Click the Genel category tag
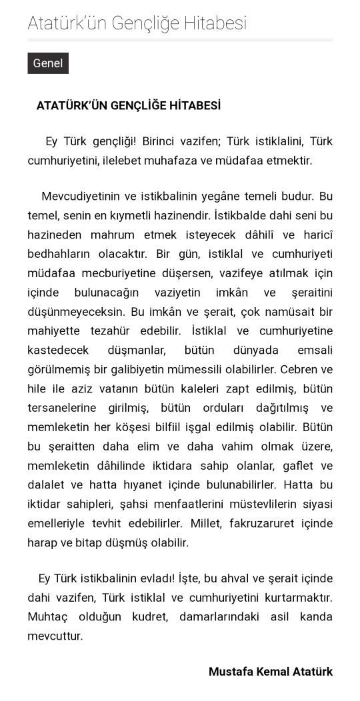coord(48,63)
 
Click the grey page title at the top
coord(137,23)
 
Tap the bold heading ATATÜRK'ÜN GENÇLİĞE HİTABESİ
coord(129,106)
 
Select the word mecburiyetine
coord(111,273)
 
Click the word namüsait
coord(278,312)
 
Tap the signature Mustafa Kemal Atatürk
coord(270,672)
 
